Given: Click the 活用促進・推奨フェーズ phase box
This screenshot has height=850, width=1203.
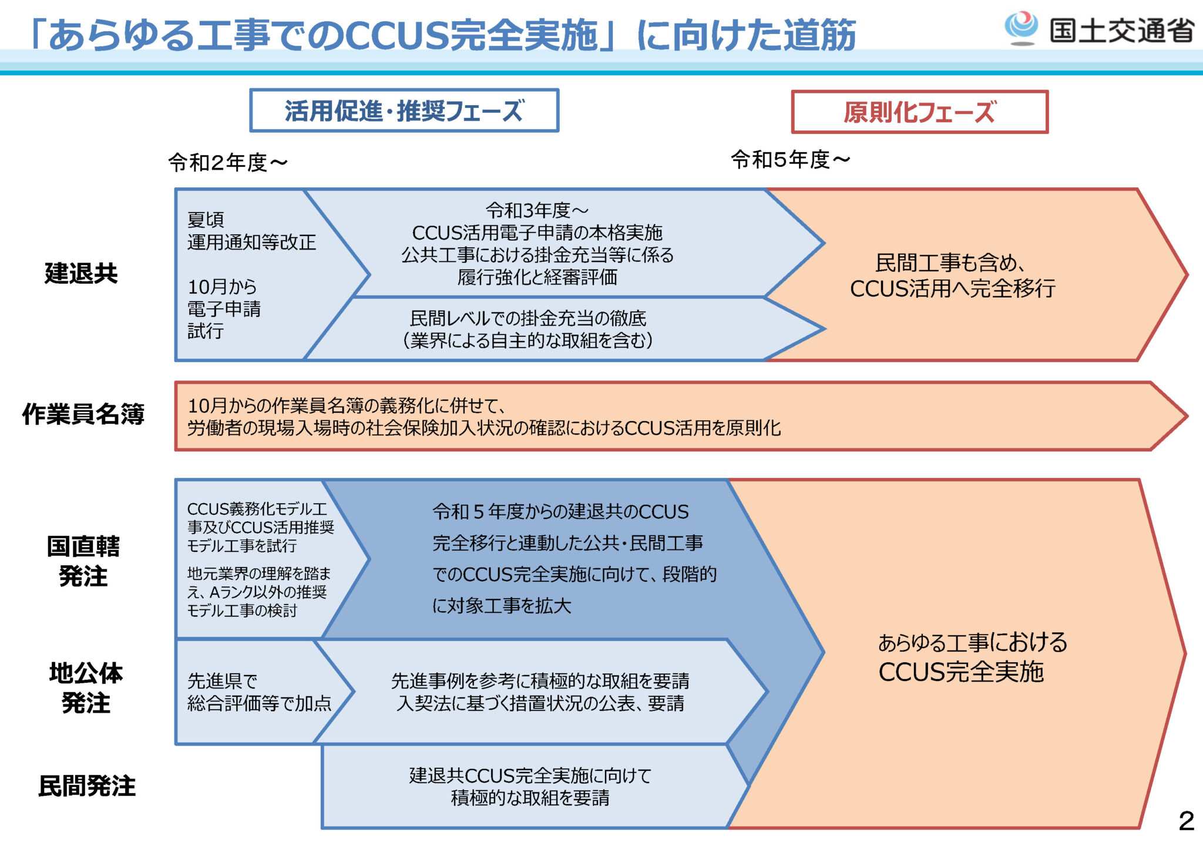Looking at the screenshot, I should coord(404,110).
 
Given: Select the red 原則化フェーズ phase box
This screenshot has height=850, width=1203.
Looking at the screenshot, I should coord(919,112).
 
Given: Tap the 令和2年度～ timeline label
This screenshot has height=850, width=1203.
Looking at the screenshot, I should coord(228,163).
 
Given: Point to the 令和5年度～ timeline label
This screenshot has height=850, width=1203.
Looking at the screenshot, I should coord(790,159).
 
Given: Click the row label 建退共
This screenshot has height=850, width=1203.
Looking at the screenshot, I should coord(81,274).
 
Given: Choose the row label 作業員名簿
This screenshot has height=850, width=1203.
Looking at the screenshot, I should coord(83,414).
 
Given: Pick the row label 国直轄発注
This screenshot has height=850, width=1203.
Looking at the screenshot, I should coord(83,561).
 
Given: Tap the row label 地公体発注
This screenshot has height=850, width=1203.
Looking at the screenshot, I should coord(86,688).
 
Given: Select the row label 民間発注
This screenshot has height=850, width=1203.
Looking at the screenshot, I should coord(87,787).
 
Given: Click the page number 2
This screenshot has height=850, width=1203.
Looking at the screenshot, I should coord(1186,821).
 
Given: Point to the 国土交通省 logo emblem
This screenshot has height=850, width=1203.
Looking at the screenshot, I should coord(1021,27).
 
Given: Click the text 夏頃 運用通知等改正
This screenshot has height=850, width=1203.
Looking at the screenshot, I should coord(251,231).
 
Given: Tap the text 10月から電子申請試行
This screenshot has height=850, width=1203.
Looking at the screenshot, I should coord(224,309).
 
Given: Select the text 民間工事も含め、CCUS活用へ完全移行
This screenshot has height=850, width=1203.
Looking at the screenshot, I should coord(952,276).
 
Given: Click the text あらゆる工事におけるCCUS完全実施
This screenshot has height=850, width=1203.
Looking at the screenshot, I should coord(972,657).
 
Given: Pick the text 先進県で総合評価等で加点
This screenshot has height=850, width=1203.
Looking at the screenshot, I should coord(258,692).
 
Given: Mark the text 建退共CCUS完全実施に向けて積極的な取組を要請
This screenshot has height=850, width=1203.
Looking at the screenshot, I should coord(530,787).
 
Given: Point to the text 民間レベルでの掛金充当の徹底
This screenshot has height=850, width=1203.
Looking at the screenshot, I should coord(527,319).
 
